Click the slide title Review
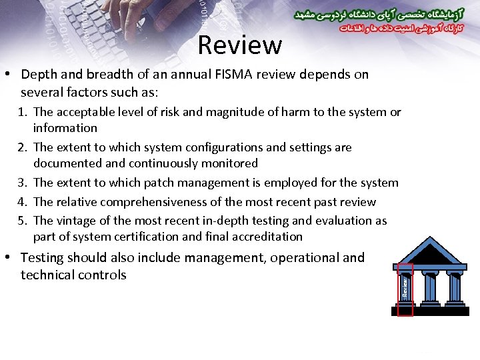tap(240, 45)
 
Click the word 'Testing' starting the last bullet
tap(43, 258)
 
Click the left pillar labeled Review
tap(405, 287)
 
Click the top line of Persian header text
tap(377, 14)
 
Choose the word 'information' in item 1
tap(65, 128)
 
